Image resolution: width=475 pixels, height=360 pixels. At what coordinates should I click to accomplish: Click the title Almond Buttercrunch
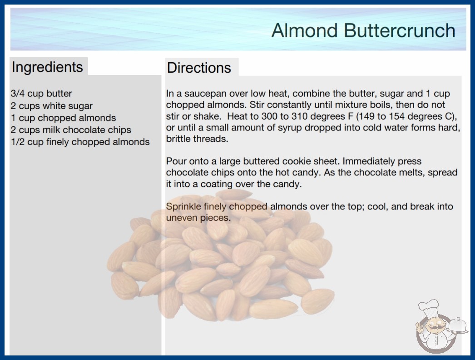pyautogui.click(x=363, y=30)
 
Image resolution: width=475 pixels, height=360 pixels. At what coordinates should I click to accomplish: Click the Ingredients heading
pyautogui.click(x=47, y=67)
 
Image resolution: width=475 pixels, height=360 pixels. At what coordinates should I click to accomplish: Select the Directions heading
pyautogui.click(x=199, y=68)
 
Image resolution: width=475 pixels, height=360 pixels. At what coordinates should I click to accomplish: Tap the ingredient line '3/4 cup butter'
pyautogui.click(x=41, y=94)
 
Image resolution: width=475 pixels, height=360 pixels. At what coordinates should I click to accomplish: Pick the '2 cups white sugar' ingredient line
pyautogui.click(x=51, y=106)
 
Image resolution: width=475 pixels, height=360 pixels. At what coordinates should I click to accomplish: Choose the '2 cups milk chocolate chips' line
pyautogui.click(x=71, y=130)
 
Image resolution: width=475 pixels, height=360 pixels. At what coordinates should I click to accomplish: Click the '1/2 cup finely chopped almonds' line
pyautogui.click(x=80, y=142)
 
